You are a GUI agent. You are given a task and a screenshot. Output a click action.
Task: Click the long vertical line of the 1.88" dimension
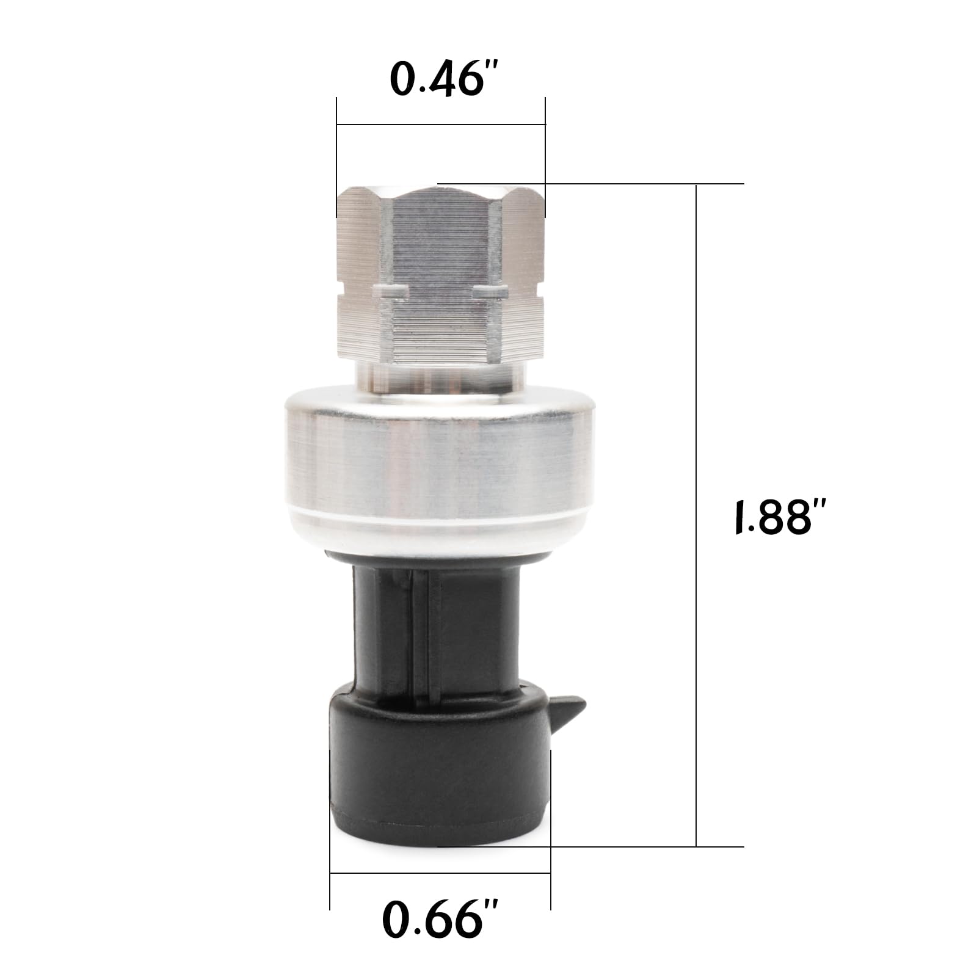(697, 515)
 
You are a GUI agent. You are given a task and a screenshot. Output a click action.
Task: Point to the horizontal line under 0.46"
(441, 125)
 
